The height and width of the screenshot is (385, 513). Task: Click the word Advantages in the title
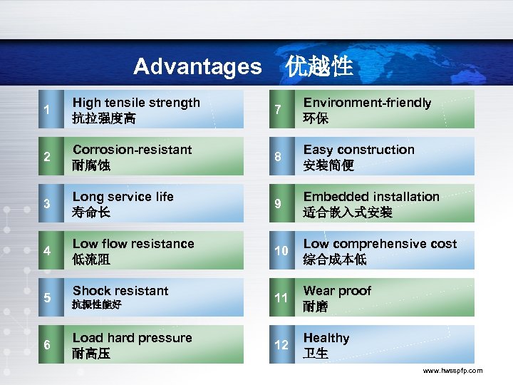(197, 67)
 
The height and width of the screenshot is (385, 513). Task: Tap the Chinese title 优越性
(319, 66)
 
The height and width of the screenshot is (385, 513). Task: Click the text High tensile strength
(136, 103)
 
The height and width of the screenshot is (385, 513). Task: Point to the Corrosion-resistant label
(132, 150)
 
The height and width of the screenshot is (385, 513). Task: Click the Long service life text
(123, 197)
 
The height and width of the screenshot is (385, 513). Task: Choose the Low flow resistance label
(133, 244)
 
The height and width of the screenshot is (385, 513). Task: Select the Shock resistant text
(120, 291)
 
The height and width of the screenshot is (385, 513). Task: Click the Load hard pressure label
(132, 338)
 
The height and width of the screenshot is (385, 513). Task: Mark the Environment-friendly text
(367, 103)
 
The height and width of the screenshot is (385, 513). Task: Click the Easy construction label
(358, 150)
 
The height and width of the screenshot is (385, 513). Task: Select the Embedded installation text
(371, 197)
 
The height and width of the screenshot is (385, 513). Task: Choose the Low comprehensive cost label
(380, 244)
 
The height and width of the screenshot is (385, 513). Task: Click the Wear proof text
(337, 291)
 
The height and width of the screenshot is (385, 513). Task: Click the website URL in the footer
(452, 371)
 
